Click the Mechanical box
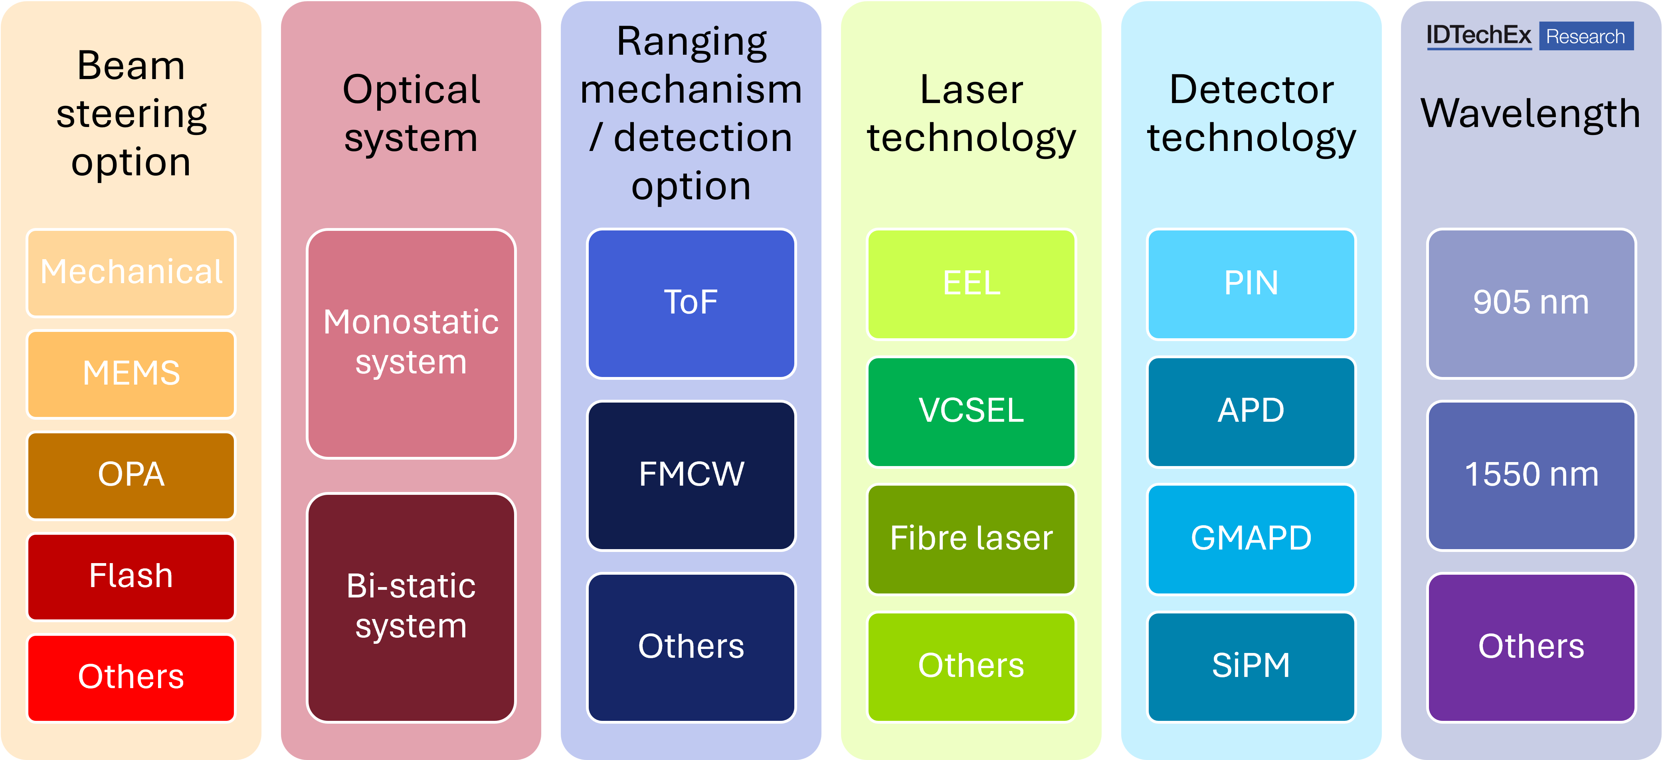tap(131, 272)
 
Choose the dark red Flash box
tap(131, 577)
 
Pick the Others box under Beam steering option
tap(131, 678)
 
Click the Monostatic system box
tap(411, 343)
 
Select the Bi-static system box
tap(411, 607)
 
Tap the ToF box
tap(691, 303)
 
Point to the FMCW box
tap(691, 475)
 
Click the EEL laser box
tap(971, 284)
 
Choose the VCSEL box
tap(971, 411)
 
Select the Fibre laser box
tap(971, 539)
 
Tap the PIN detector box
tap(1251, 284)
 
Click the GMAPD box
tap(1251, 539)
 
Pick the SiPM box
tap(1251, 666)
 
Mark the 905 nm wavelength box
tap(1532, 303)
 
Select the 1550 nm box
tap(1532, 475)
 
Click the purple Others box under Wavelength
tap(1532, 647)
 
